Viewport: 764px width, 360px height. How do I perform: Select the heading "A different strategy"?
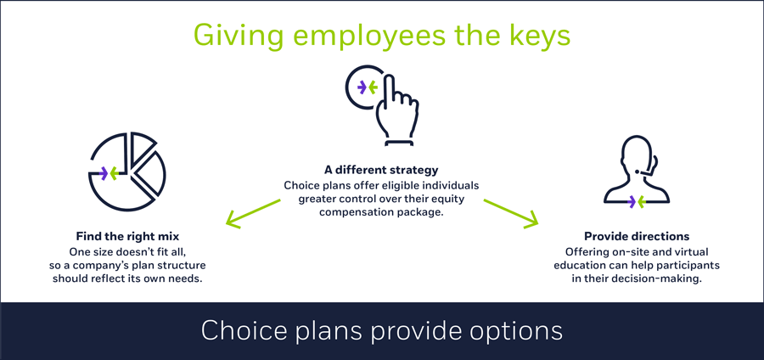[x=381, y=171]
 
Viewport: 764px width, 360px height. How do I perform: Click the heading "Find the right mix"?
[x=127, y=237]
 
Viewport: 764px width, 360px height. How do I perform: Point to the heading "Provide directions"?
[x=637, y=237]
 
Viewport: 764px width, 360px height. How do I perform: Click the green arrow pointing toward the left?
[x=253, y=213]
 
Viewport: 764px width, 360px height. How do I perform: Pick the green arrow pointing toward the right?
[x=511, y=213]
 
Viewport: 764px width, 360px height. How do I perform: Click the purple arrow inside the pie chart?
[x=104, y=172]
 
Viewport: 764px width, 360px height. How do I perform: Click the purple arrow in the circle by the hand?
[x=362, y=87]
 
